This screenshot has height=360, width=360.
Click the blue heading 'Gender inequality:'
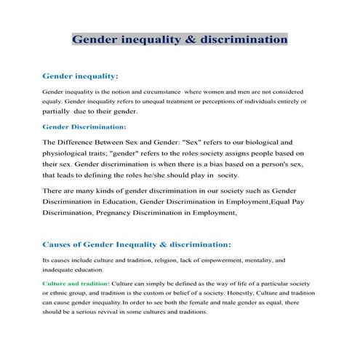click(81, 75)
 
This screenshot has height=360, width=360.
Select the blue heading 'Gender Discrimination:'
click(84, 127)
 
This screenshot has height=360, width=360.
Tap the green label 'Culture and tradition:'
click(76, 282)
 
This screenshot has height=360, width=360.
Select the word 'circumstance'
click(163, 92)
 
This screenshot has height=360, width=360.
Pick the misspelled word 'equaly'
click(54, 102)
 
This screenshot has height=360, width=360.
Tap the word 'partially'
click(59, 112)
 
